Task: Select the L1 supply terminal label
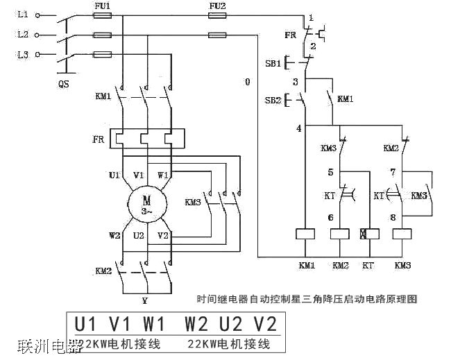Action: [23, 15]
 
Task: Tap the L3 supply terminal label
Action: [23, 54]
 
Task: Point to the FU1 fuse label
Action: [101, 6]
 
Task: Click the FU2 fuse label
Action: [217, 6]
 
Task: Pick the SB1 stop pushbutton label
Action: [272, 63]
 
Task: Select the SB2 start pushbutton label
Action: [272, 100]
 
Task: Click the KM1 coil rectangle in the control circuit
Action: [306, 234]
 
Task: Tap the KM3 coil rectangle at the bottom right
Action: [403, 234]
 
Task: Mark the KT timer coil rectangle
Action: [366, 234]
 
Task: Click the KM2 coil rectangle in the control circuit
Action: [340, 234]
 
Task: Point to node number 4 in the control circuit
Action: [298, 128]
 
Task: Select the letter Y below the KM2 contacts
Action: [144, 301]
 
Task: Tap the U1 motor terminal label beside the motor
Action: [115, 175]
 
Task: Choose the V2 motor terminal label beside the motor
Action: [164, 235]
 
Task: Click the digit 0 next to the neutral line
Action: [247, 82]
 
